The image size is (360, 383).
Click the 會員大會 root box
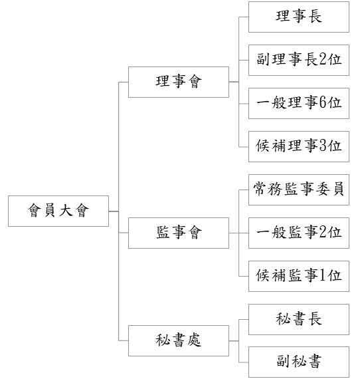click(x=58, y=211)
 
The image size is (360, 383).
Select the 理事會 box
click(x=179, y=82)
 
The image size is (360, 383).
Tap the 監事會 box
click(x=179, y=233)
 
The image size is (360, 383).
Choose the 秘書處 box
click(x=179, y=340)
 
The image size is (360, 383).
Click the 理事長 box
click(x=299, y=17)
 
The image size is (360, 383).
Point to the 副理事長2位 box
click(x=299, y=60)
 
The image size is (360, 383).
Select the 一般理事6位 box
click(x=299, y=104)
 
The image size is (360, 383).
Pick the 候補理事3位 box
click(x=299, y=146)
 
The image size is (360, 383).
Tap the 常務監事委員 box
click(x=299, y=190)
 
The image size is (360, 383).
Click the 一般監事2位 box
click(x=299, y=233)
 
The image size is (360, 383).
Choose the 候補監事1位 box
click(x=299, y=276)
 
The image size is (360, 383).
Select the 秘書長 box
click(x=299, y=319)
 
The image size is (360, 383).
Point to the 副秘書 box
click(x=299, y=362)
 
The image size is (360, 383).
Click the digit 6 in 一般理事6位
click(x=323, y=102)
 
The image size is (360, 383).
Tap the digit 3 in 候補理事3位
click(x=323, y=146)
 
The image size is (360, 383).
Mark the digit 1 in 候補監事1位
click(x=323, y=275)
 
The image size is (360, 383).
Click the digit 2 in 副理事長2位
click(x=323, y=59)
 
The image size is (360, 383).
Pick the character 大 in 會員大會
click(x=66, y=210)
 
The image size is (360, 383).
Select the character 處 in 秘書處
click(x=194, y=340)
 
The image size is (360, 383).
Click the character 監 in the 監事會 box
click(x=163, y=232)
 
